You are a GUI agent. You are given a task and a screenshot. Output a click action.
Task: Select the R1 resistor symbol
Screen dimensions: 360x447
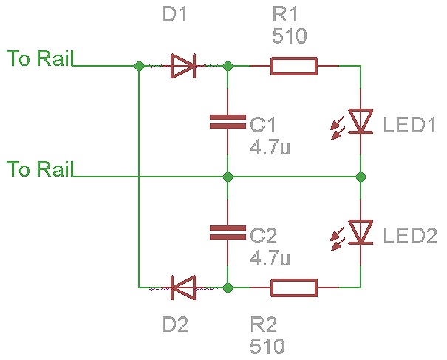tap(294, 66)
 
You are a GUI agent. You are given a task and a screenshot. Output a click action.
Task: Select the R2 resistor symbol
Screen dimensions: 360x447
tap(294, 288)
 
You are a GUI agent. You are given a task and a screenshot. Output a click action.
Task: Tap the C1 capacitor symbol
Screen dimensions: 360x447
tap(227, 121)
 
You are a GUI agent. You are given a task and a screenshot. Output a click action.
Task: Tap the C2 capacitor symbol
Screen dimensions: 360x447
tap(227, 232)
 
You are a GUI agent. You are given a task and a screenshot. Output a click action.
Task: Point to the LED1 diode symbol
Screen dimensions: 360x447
tap(360, 121)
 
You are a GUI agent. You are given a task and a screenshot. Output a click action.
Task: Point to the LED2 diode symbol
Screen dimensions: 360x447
tap(360, 232)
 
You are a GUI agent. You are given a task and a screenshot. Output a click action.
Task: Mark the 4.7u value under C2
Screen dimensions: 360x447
tap(270, 258)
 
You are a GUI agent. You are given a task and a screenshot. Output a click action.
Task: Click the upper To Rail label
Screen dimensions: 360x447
tap(39, 58)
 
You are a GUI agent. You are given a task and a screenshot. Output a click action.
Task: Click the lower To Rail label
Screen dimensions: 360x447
tap(39, 170)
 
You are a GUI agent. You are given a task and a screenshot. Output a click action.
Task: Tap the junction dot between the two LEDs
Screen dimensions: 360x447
tap(361, 177)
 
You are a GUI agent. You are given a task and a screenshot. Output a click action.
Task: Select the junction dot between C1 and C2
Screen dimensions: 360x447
tap(228, 177)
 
